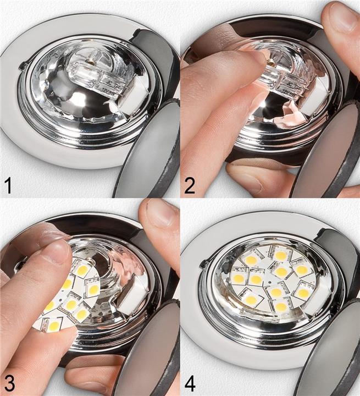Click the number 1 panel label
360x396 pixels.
pyautogui.click(x=8, y=185)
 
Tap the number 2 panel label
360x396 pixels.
pyautogui.click(x=189, y=185)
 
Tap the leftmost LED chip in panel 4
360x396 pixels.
pyautogui.click(x=238, y=278)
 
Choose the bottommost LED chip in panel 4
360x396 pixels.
pyautogui.click(x=280, y=306)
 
